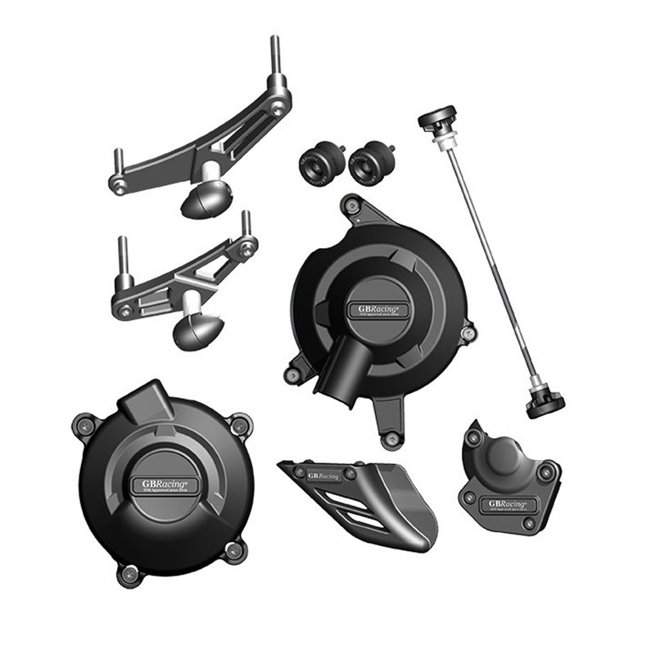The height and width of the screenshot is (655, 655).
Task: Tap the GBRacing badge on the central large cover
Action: (381, 309)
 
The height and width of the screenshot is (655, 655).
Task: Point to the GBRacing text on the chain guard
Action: (323, 475)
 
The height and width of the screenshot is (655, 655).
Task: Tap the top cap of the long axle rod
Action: (436, 121)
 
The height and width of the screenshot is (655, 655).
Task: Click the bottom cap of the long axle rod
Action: (544, 402)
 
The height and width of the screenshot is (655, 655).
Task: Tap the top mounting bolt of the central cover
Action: (352, 206)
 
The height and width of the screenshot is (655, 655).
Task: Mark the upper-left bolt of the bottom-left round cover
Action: (87, 424)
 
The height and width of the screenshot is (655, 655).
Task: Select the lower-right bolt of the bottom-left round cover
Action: (236, 550)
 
